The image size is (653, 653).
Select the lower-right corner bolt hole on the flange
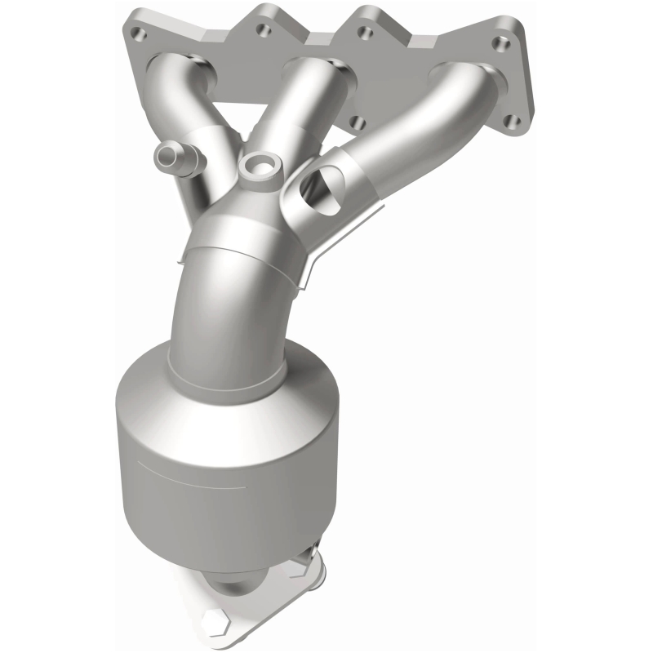point(512,122)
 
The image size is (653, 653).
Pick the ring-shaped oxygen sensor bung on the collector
point(260,166)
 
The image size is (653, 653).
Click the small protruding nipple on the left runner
point(171,153)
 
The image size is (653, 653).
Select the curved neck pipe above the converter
point(220,310)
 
